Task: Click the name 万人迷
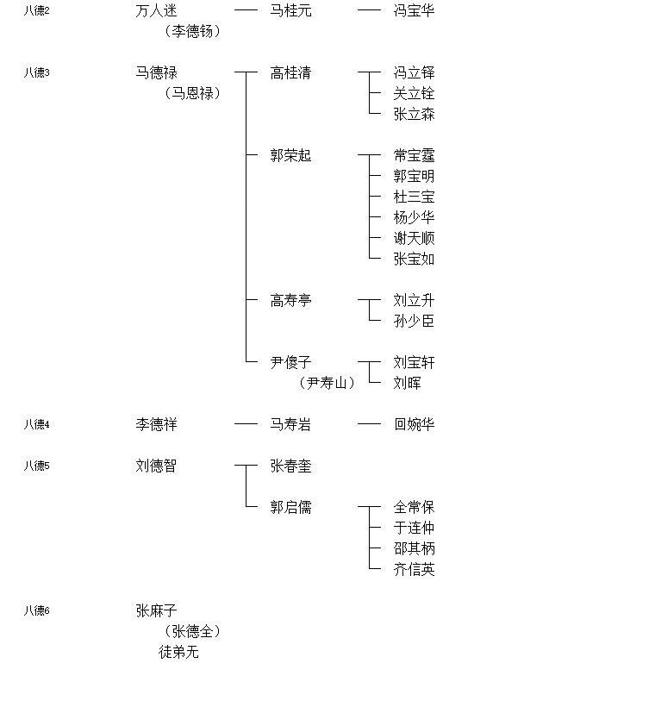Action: coord(157,10)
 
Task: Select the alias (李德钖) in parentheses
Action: coord(192,31)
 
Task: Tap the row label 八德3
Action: coord(36,72)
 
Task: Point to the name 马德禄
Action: coord(157,72)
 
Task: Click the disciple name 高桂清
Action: coord(290,72)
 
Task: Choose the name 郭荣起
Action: coord(290,155)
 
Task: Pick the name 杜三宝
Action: coord(414,197)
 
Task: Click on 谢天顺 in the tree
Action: coord(414,238)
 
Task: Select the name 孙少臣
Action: coord(414,321)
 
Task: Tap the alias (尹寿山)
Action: coord(327,383)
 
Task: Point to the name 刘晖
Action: coord(407,383)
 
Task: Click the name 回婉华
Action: coord(414,424)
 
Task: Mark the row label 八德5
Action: coord(36,466)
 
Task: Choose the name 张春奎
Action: coord(290,466)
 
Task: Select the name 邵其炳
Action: coord(414,548)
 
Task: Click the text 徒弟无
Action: coord(178,652)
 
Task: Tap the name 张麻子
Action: coord(157,610)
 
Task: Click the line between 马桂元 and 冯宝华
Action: coord(369,10)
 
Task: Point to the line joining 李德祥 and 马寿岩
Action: coord(246,424)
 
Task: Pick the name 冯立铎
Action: coord(414,72)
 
